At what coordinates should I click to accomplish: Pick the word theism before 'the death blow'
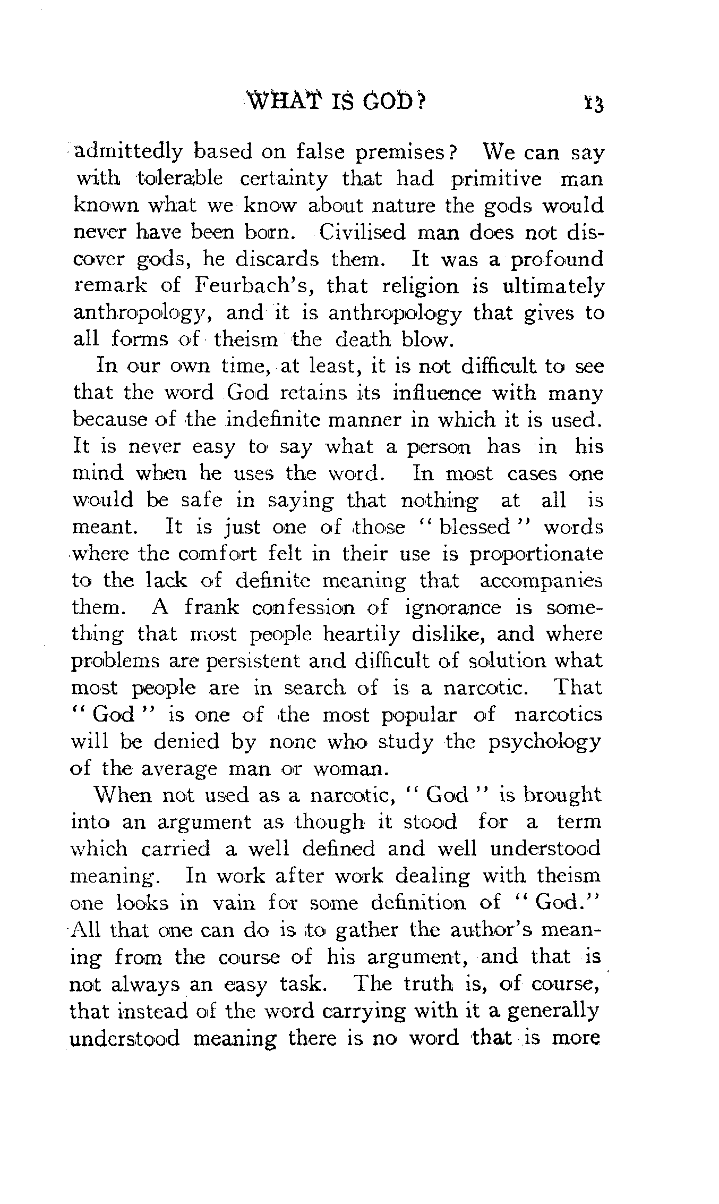(x=246, y=340)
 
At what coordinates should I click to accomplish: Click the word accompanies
(x=541, y=581)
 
